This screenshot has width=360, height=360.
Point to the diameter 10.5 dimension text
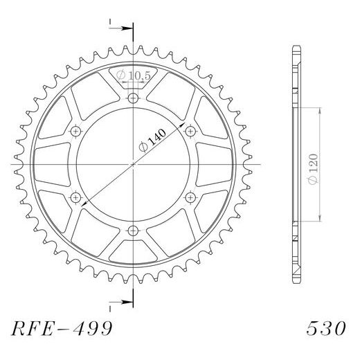coord(133,75)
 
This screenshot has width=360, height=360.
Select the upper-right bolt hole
coord(190,132)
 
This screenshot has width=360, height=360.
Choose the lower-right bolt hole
coord(190,198)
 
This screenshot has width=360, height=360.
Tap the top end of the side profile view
coord(296,46)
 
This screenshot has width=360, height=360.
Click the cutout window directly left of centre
coord(52,165)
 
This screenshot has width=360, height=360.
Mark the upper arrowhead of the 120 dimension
coord(320,111)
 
